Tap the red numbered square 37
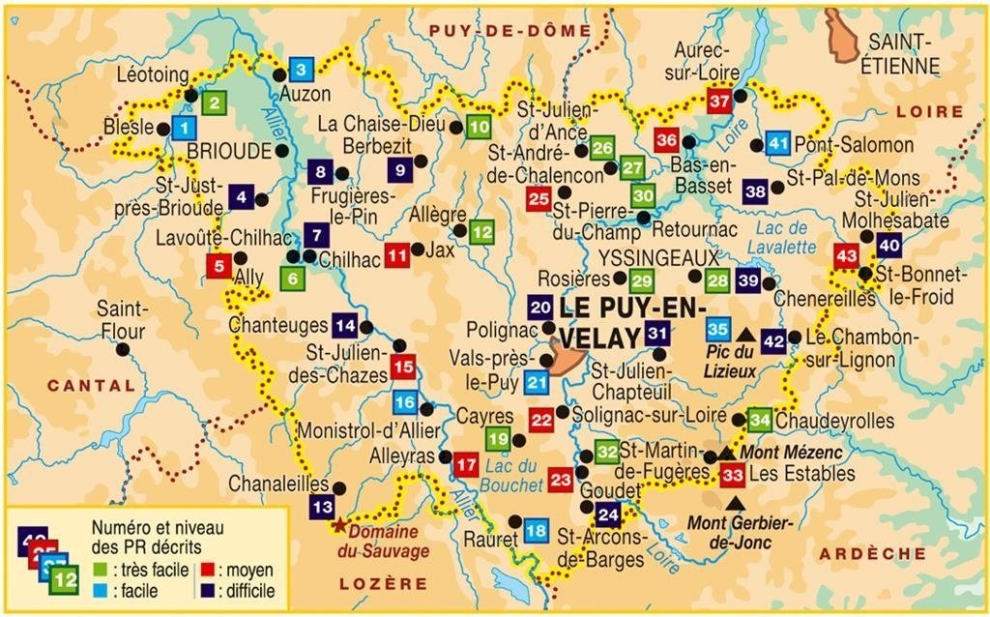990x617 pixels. coord(719,101)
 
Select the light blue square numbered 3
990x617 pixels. coord(301,70)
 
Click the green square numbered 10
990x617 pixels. coord(478,127)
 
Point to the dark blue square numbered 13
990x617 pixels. coord(322,506)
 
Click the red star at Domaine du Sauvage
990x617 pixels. coord(339,527)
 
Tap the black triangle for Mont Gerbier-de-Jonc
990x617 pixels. coord(737,502)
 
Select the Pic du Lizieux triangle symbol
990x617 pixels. coord(745,333)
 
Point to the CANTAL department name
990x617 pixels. coord(92,385)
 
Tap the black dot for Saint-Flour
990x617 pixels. coord(122,349)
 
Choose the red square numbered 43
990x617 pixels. coord(846,256)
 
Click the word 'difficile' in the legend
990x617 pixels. coord(247,591)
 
